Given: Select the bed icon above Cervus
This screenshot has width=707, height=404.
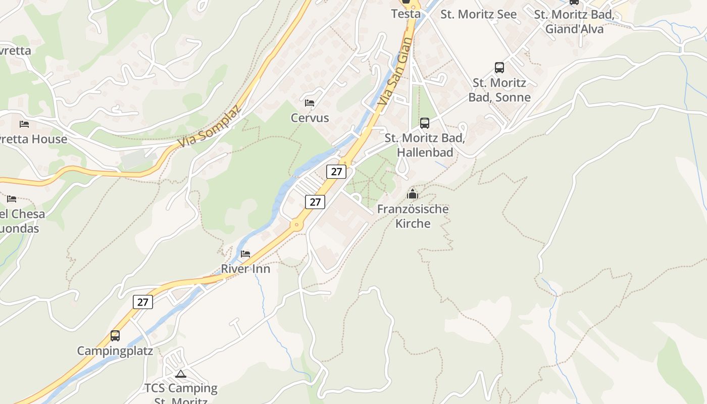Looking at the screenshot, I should tap(310, 103).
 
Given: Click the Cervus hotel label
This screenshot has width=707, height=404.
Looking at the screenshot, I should tap(310, 118).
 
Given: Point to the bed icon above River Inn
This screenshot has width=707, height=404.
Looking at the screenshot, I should tap(245, 254).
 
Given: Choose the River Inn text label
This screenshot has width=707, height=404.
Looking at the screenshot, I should tap(245, 269).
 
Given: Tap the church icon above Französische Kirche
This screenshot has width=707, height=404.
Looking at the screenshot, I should tap(413, 194).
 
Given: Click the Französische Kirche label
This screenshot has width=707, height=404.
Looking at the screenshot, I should tap(413, 216).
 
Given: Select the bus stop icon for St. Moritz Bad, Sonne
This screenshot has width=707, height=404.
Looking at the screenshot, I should tap(499, 68).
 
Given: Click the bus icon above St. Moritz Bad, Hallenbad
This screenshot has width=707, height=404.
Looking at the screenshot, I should tap(425, 123).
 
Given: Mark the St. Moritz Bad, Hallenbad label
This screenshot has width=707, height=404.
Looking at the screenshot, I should tap(425, 145).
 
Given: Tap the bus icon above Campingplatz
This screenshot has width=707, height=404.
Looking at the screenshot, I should tap(115, 336).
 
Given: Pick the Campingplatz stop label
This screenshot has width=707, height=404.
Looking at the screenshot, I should tap(115, 351).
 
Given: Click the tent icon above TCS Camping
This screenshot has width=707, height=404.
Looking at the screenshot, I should tap(181, 374).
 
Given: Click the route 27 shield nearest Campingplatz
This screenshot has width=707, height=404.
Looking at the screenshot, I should tap(143, 302).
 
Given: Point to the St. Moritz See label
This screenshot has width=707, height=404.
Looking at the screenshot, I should tap(478, 14).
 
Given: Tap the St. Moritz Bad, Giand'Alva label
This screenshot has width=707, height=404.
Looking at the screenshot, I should tap(574, 22).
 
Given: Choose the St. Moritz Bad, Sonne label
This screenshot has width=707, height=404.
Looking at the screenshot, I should tap(499, 90).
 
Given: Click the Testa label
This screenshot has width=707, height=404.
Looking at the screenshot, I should tap(406, 14).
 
